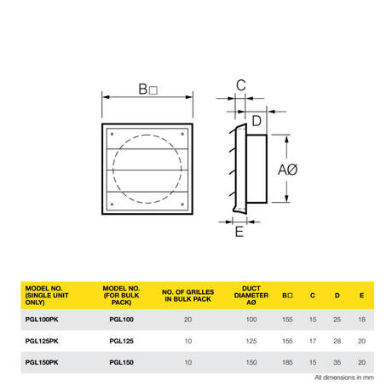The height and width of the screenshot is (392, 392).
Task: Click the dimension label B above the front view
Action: [147, 89]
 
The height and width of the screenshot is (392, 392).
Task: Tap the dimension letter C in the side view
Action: [241, 85]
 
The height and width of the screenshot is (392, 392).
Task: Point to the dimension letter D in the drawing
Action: [257, 121]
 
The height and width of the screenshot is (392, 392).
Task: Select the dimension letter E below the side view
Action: [239, 232]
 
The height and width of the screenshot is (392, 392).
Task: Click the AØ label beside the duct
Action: [287, 170]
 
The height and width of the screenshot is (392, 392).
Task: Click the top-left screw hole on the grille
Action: [112, 134]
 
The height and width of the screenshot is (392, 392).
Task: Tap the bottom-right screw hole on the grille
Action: [182, 204]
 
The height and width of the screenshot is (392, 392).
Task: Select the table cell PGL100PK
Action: [42, 320]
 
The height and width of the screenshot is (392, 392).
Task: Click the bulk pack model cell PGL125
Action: [121, 341]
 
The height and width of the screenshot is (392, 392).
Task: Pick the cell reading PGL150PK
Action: [42, 362]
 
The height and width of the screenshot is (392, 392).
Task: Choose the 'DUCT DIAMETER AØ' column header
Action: [251, 296]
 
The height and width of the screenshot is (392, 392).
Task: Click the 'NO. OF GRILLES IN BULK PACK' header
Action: [187, 296]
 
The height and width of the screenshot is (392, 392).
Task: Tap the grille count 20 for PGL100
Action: [187, 320]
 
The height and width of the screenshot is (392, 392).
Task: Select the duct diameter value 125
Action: [251, 341]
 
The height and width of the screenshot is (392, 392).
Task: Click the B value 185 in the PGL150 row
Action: [287, 362]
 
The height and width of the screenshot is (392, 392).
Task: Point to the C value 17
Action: [313, 341]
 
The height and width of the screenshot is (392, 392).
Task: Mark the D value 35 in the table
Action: [337, 362]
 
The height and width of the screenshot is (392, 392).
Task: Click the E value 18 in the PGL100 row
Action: [361, 320]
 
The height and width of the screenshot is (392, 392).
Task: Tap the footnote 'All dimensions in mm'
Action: [344, 378]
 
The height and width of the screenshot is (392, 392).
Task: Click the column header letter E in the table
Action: [361, 296]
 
